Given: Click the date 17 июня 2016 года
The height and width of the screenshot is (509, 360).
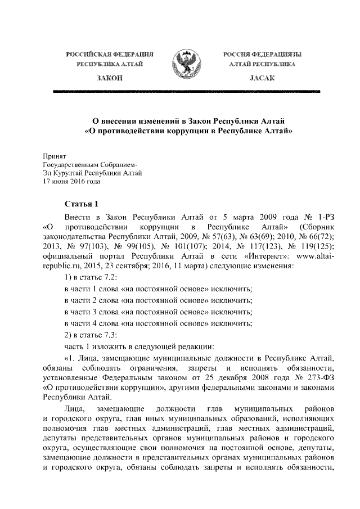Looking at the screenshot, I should pos(72,182).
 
